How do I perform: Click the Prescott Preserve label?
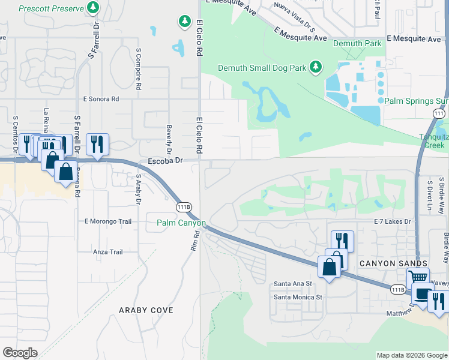50,8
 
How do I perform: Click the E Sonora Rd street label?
101,98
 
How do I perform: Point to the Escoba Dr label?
164,161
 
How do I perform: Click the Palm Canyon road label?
181,223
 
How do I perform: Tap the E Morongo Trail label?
108,221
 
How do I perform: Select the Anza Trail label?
108,252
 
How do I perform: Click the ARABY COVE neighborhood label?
146,310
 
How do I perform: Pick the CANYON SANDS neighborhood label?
393,263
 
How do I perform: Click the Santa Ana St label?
293,283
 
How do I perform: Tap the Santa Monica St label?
298,297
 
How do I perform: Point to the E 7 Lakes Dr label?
391,222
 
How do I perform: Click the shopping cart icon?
418,278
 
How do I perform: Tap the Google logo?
20,353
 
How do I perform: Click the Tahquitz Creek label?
433,141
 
